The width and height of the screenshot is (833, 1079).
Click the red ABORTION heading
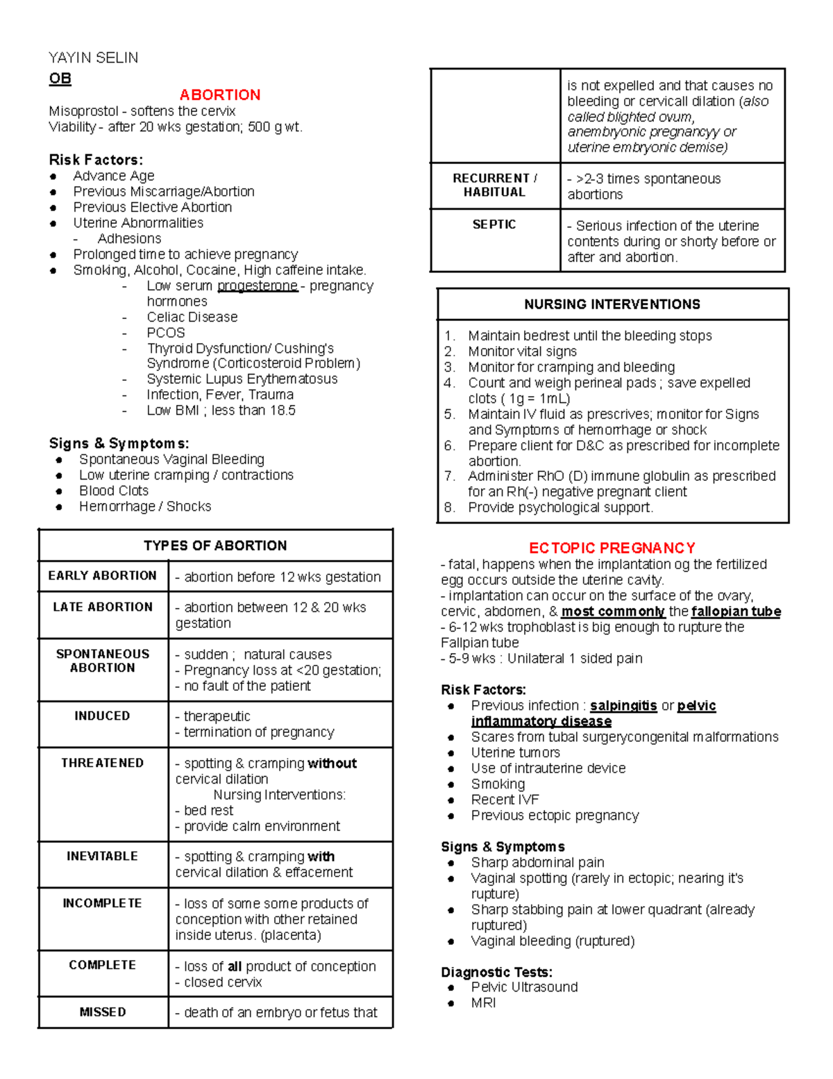pos(219,94)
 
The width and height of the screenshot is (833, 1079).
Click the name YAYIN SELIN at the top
pos(93,58)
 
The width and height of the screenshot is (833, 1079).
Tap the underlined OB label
pos(60,79)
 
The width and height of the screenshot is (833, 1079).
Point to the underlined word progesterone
pos(258,286)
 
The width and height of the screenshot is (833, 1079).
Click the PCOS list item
pos(165,333)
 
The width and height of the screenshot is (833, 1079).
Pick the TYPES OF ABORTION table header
pos(215,545)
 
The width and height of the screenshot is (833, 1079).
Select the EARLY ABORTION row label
pos(102,575)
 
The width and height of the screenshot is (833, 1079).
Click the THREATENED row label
pos(102,763)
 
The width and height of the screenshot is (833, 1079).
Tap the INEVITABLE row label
pos(102,856)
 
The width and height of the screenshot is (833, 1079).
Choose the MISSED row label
pos(102,1012)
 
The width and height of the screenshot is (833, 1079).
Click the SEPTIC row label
pos(494,224)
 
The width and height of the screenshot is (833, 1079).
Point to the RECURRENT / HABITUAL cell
pos(494,185)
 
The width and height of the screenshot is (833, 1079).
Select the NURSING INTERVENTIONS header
pos(612,304)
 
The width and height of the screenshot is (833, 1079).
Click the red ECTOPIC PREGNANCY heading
pos(612,548)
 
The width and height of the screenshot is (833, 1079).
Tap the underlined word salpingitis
pos(623,706)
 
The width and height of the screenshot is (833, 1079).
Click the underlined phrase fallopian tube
pos(736,611)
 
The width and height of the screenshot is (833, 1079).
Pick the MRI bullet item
pos(483,1003)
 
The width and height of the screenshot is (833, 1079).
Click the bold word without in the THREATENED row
pos(332,764)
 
